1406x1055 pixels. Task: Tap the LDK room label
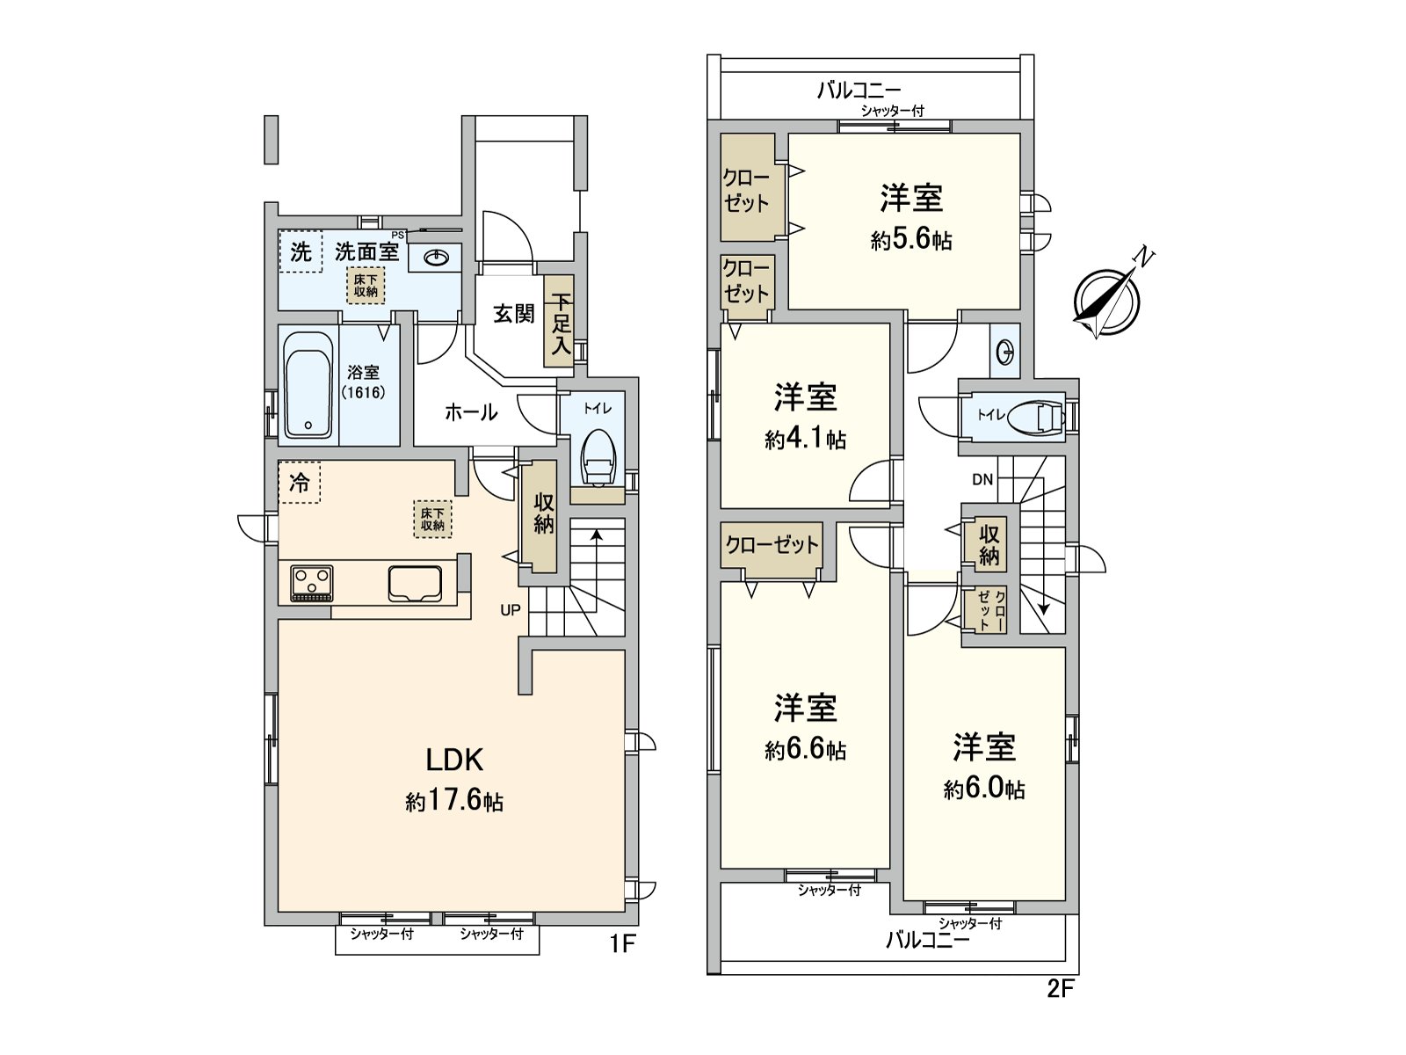click(x=454, y=760)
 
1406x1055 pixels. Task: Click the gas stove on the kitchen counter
click(x=312, y=582)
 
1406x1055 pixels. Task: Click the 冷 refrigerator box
click(x=300, y=483)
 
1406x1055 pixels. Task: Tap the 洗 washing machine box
click(x=301, y=252)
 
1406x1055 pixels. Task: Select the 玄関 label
click(x=513, y=314)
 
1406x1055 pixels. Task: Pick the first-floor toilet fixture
click(x=598, y=455)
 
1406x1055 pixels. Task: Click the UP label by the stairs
click(x=511, y=610)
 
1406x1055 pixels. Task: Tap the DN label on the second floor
click(x=982, y=480)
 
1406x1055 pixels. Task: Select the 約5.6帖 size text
click(x=911, y=240)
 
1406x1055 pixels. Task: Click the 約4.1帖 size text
click(x=805, y=439)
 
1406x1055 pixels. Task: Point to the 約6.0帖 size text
click(x=984, y=789)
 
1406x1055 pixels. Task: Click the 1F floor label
click(x=621, y=944)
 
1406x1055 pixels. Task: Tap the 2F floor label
click(x=1061, y=989)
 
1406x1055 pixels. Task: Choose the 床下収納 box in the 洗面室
click(x=365, y=285)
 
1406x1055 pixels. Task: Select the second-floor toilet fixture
click(x=1032, y=418)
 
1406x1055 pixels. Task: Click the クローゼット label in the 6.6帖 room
click(x=772, y=545)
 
